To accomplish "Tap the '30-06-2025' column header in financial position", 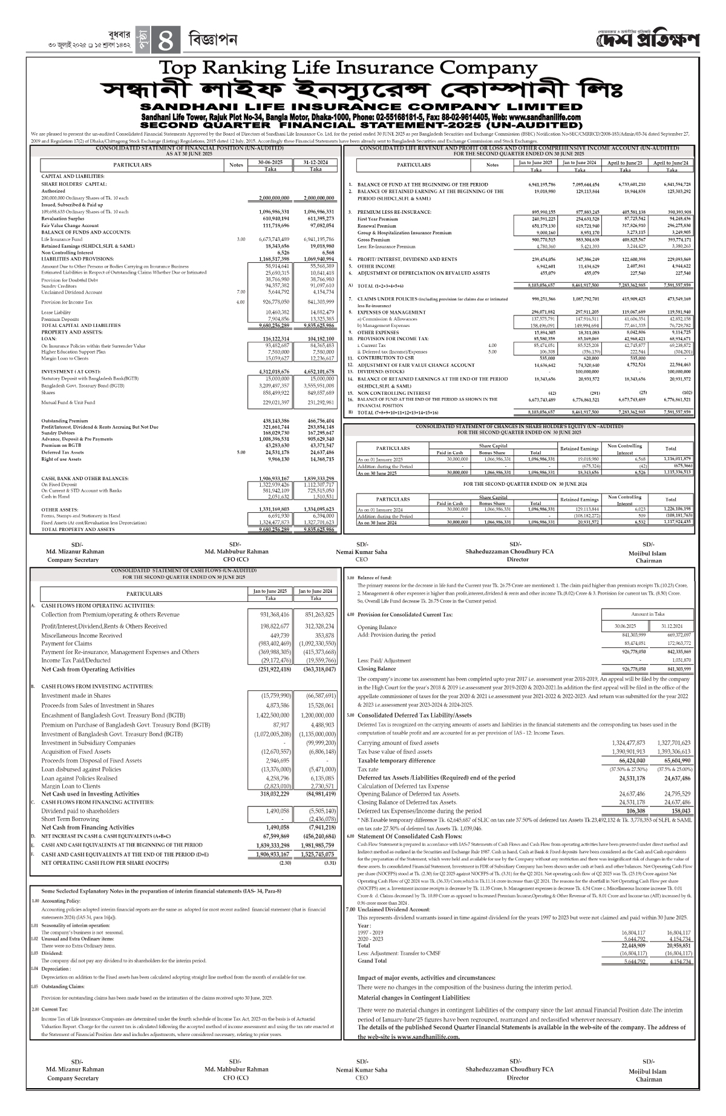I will coord(270,162).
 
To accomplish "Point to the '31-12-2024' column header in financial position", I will coord(315,162).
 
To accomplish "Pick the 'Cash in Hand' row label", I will coord(55,497).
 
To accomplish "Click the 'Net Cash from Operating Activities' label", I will coord(88,669).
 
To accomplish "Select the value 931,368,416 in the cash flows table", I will coord(270,615).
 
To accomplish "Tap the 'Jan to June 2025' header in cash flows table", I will coord(270,590).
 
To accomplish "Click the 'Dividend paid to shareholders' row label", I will coord(80,810).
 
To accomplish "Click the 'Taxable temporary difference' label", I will coord(396,761).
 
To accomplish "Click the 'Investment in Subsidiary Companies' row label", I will coord(88,743).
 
